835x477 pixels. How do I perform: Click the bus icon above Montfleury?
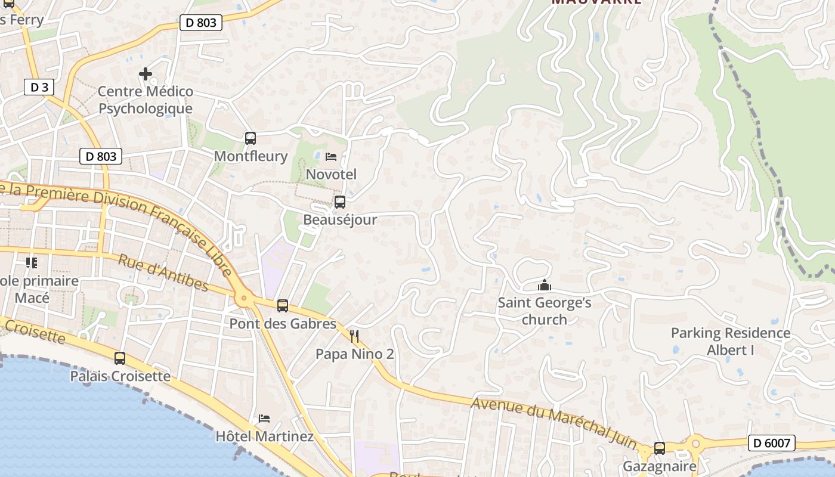(250, 138)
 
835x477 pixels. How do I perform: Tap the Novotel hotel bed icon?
(331, 157)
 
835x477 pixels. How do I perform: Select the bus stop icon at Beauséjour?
(339, 202)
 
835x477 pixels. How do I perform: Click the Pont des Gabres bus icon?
(283, 306)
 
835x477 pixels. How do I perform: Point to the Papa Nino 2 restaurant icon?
(354, 336)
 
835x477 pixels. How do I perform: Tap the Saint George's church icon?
(544, 286)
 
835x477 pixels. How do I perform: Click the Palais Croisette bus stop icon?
(120, 358)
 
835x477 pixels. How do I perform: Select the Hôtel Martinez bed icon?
(264, 418)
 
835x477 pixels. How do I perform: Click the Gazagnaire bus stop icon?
(660, 448)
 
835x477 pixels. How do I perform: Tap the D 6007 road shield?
(771, 443)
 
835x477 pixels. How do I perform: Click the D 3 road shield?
(39, 87)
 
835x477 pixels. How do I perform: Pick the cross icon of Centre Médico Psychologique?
(146, 74)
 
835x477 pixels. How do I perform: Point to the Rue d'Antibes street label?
(163, 273)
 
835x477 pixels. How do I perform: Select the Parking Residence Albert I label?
(730, 341)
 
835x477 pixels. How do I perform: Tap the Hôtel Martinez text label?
(264, 436)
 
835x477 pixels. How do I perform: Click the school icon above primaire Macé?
(32, 262)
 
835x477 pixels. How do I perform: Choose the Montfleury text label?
(250, 156)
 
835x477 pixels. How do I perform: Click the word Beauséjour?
(340, 219)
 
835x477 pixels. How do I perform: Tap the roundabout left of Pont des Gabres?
(243, 296)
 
